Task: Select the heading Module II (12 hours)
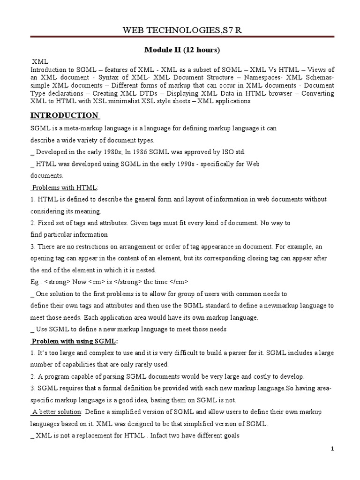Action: (x=181, y=50)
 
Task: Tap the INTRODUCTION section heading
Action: (x=64, y=115)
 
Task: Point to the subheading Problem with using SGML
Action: (x=75, y=341)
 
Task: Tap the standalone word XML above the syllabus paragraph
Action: (x=40, y=62)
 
